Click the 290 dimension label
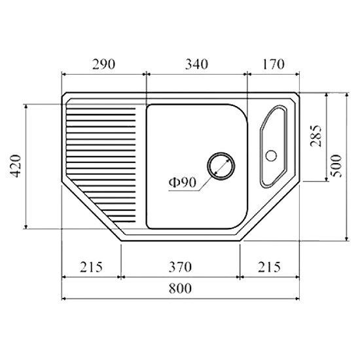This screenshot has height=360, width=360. point(103,65)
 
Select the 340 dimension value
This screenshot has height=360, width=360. point(196,65)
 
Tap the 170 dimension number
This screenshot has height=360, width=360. point(273,65)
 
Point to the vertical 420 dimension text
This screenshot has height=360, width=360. point(16,166)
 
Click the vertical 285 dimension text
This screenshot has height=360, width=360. point(315,136)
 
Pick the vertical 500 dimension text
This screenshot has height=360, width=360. point(336,166)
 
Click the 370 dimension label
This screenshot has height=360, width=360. point(180,267)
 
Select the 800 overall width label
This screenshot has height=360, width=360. point(180,289)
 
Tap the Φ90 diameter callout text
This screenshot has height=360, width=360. point(183,183)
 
